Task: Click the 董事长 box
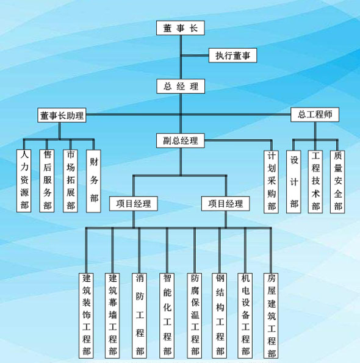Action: [181, 28]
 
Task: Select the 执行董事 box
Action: [232, 56]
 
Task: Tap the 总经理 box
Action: [181, 87]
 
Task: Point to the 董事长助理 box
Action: [62, 115]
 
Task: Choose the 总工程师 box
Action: [315, 115]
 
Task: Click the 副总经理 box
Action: [181, 140]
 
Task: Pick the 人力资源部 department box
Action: [24, 181]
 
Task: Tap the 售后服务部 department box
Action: [47, 181]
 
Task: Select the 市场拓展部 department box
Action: [70, 181]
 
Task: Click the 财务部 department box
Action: [93, 181]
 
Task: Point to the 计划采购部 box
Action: [271, 182]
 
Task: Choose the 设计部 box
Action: [293, 182]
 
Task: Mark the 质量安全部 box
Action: [337, 182]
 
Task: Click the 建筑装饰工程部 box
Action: [86, 316]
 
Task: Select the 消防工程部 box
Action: [139, 316]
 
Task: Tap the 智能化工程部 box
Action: [167, 316]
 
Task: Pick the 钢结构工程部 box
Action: [219, 316]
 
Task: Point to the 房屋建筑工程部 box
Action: [271, 316]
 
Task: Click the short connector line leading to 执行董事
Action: [195, 56]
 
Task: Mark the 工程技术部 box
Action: [315, 182]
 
